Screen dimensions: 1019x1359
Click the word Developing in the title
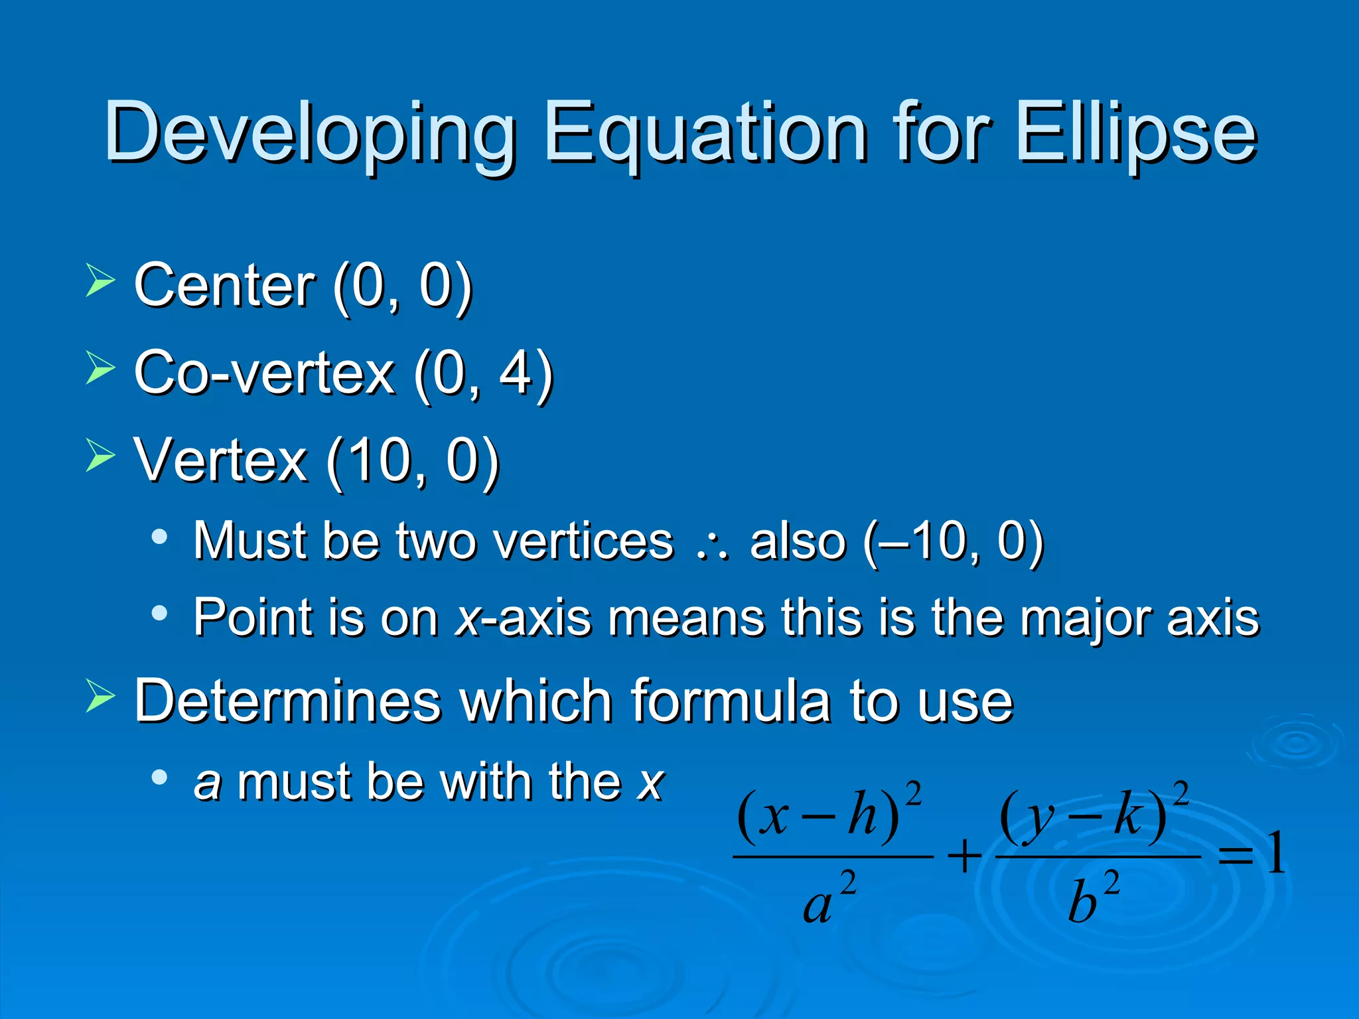(x=309, y=133)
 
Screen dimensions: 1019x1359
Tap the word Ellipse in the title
(x=1136, y=133)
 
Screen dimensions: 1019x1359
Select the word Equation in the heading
(x=705, y=133)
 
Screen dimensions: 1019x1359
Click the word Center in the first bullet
(x=224, y=285)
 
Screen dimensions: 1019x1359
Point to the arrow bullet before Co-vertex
(x=100, y=368)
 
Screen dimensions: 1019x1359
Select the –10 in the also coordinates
(x=926, y=541)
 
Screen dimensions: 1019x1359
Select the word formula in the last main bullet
(x=730, y=701)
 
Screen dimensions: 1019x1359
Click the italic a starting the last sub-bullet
(x=207, y=783)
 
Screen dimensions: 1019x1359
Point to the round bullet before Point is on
(x=159, y=613)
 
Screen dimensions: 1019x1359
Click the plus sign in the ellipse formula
(x=964, y=856)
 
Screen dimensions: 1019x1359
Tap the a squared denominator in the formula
(x=828, y=899)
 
